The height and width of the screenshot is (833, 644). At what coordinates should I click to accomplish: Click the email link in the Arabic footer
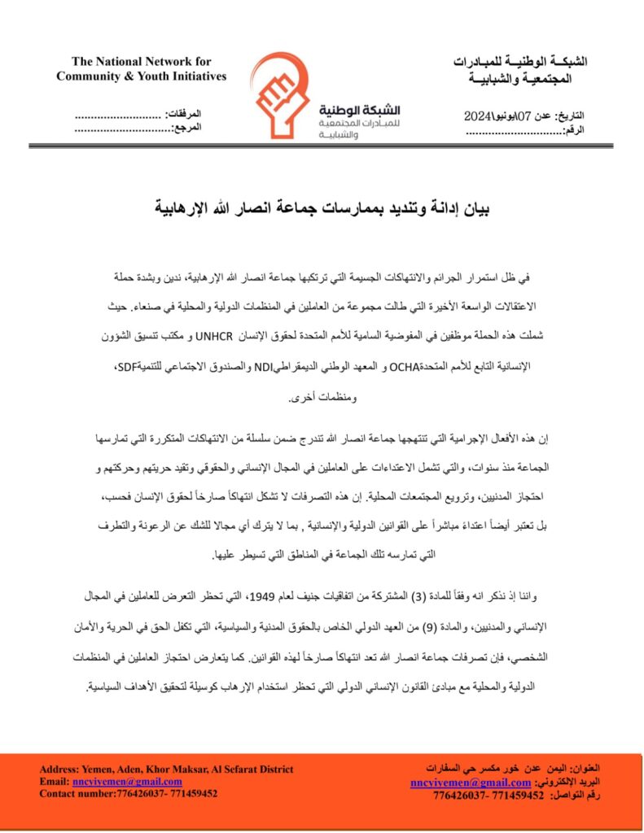pyautogui.click(x=471, y=783)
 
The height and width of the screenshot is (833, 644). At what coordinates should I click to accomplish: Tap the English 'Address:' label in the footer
pyautogui.click(x=59, y=770)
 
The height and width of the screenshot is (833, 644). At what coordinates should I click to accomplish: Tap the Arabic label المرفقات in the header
pyautogui.click(x=184, y=116)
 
